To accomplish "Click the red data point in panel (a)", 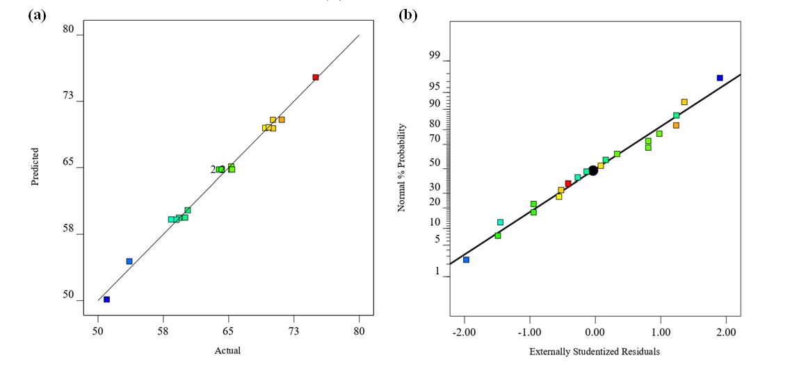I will click(316, 77).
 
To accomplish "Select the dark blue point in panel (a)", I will click(106, 300).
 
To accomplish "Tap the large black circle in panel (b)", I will click(593, 170).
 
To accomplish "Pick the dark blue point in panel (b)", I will click(720, 78).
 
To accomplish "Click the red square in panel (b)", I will click(568, 183).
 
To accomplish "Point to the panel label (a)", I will click(37, 15).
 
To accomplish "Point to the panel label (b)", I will click(408, 15).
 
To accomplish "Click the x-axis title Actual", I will click(227, 351).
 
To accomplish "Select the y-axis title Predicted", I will click(34, 167).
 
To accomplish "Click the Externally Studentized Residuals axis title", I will click(595, 352).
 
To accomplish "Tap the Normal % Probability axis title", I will click(402, 167).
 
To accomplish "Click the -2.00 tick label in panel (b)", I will click(465, 332).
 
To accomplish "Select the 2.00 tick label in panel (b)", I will click(726, 332).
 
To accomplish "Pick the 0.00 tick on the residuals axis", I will click(595, 332).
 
